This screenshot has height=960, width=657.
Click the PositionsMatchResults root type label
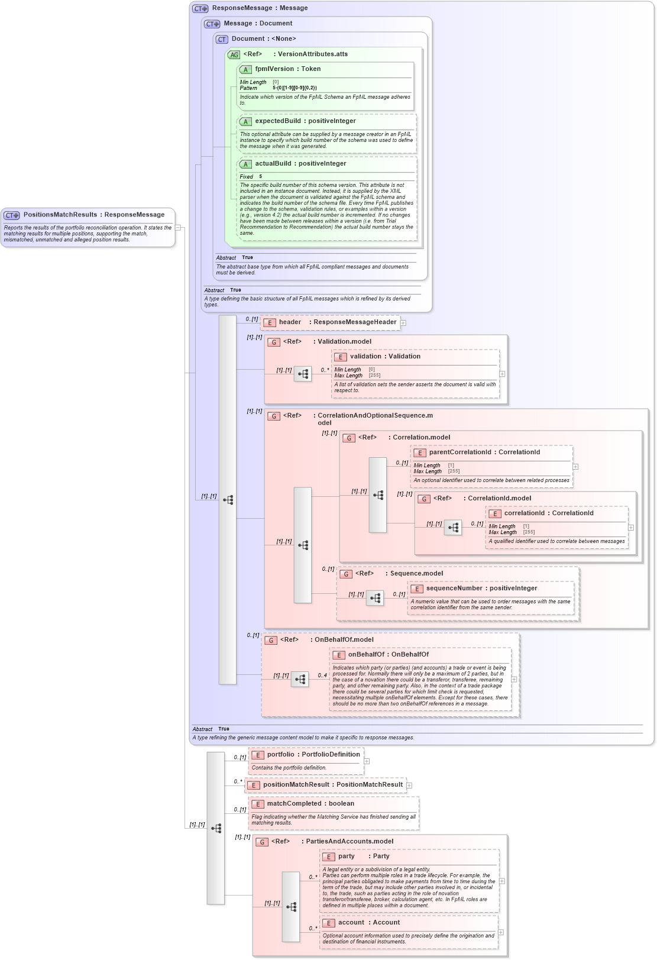coord(93,215)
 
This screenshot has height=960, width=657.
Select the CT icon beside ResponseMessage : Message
coord(200,8)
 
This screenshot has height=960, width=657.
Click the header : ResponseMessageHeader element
coord(337,322)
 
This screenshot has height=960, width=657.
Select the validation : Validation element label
coord(384,357)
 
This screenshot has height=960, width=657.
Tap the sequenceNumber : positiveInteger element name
coord(481,589)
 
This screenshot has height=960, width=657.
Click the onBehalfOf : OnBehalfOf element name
coord(388,655)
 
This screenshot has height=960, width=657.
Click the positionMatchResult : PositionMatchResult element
coord(332,785)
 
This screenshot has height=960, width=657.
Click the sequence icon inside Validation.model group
coord(303,374)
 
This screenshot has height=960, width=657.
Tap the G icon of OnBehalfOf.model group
coord(271,640)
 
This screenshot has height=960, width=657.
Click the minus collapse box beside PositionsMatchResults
coord(177,227)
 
